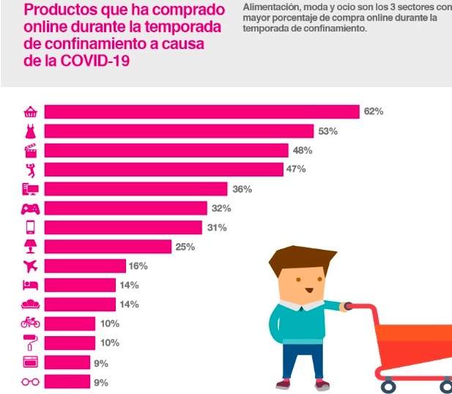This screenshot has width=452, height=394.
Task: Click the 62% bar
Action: click(x=201, y=112)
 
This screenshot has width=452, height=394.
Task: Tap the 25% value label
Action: click(x=185, y=247)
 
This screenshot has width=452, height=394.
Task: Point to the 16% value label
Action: click(x=138, y=266)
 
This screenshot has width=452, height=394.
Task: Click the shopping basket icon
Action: click(x=31, y=112)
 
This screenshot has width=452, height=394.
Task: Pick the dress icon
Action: click(x=31, y=131)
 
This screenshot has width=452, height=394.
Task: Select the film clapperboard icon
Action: click(x=31, y=150)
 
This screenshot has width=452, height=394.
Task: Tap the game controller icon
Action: click(x=31, y=208)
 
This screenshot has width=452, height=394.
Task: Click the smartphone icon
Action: click(x=31, y=227)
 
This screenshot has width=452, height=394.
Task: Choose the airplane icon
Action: click(x=31, y=266)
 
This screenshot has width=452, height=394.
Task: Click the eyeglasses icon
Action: click(x=31, y=382)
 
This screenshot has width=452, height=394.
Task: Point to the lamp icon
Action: click(x=31, y=247)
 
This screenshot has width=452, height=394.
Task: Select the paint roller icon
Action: click(x=31, y=343)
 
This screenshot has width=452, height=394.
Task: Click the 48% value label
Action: click(x=303, y=150)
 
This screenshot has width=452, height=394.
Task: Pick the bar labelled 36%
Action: click(x=136, y=189)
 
